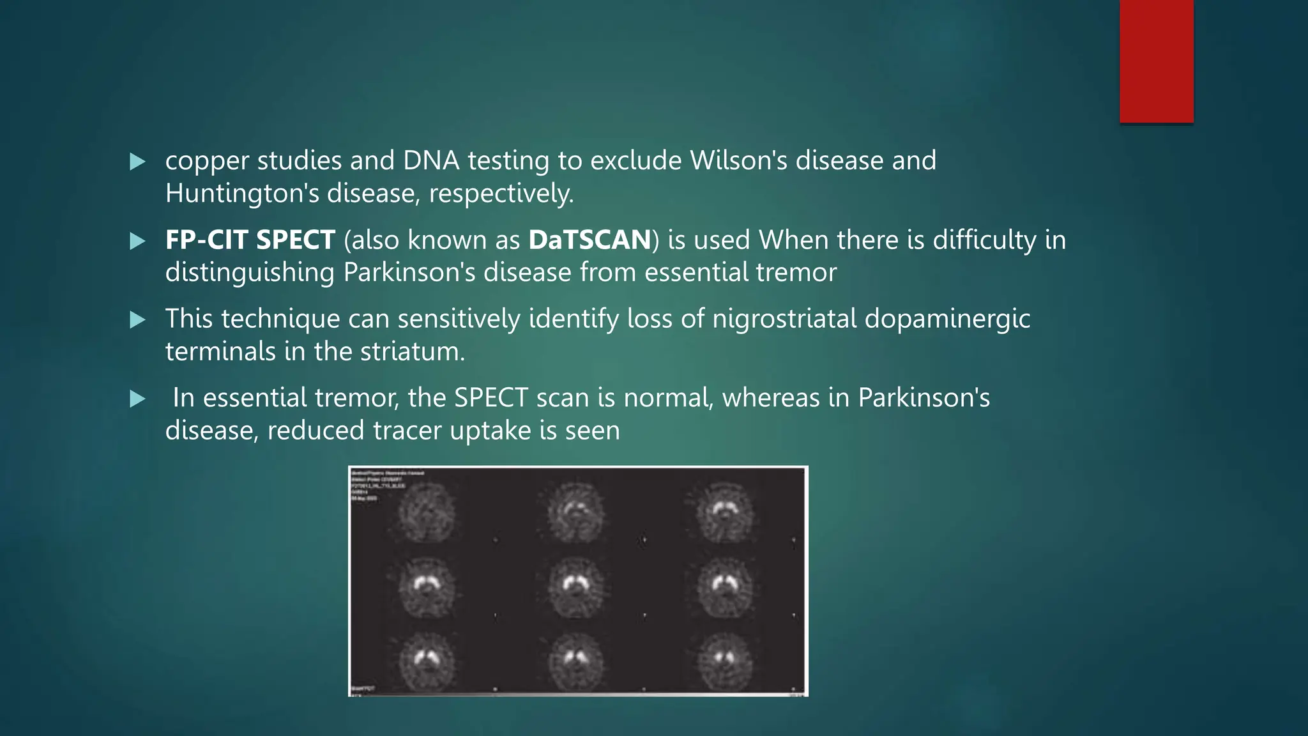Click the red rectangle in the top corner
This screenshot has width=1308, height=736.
point(1156,61)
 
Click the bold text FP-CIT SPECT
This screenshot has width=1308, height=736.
point(250,240)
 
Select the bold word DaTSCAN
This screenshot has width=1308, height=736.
point(589,240)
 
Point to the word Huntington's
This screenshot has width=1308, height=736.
point(242,193)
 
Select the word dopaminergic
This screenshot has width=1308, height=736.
point(947,319)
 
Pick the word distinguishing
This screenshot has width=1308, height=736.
point(250,273)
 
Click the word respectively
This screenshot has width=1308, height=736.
point(501,194)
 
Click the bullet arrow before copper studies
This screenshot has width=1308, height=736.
point(137,162)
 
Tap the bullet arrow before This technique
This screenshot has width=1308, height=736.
point(137,319)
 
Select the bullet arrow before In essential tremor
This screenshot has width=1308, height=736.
point(137,399)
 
